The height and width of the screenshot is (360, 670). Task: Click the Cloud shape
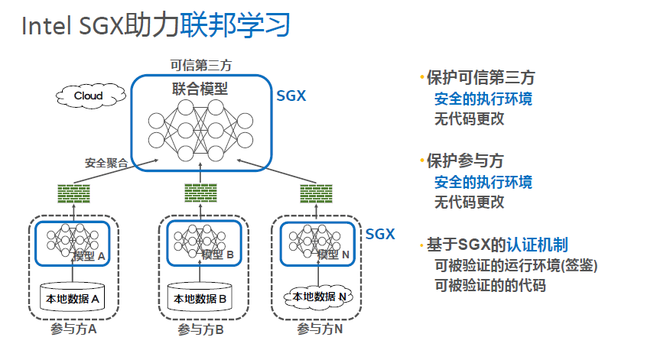[x=91, y=96]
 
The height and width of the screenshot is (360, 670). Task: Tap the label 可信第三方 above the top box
[x=201, y=65]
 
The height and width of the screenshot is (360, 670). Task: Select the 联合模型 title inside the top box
[x=200, y=89]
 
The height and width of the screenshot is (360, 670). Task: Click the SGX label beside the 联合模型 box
[x=291, y=96]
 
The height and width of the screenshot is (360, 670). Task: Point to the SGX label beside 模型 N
[x=380, y=234]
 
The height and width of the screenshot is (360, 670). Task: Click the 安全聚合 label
[x=106, y=163]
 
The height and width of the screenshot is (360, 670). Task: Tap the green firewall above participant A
[x=74, y=194]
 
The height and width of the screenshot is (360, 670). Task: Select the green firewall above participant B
[x=201, y=193]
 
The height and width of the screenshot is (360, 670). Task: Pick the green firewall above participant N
[x=316, y=194]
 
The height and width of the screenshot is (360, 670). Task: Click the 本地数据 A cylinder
[x=72, y=297]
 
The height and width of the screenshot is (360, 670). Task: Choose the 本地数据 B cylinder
[x=200, y=297]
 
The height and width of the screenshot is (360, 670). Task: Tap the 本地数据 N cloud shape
[x=319, y=297]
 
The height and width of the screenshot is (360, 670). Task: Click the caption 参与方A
[x=73, y=329]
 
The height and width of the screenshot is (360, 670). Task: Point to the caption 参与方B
[x=200, y=330]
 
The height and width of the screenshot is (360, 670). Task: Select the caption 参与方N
[x=320, y=329]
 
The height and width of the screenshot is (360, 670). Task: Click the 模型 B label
[x=217, y=255]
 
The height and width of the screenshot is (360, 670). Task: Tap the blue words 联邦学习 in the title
[x=235, y=24]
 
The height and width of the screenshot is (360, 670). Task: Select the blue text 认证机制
[x=537, y=245]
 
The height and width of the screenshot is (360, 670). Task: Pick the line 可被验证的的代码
[x=490, y=285]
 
